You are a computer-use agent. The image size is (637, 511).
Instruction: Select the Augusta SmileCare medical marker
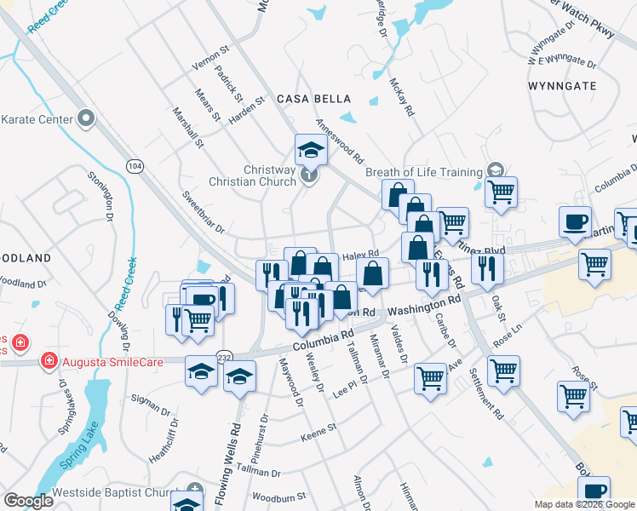click(x=50, y=361)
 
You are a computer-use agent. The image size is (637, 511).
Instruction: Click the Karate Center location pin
click(x=85, y=118)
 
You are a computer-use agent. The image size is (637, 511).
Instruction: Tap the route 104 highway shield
click(x=133, y=164)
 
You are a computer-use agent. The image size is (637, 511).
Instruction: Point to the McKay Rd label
click(x=401, y=98)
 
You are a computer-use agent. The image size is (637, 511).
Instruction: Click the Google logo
click(x=28, y=501)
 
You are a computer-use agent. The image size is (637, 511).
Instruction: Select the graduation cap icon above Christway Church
click(x=311, y=150)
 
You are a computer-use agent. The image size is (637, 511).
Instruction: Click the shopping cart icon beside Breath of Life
click(x=502, y=191)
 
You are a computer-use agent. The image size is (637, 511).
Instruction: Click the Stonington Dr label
click(x=100, y=197)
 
